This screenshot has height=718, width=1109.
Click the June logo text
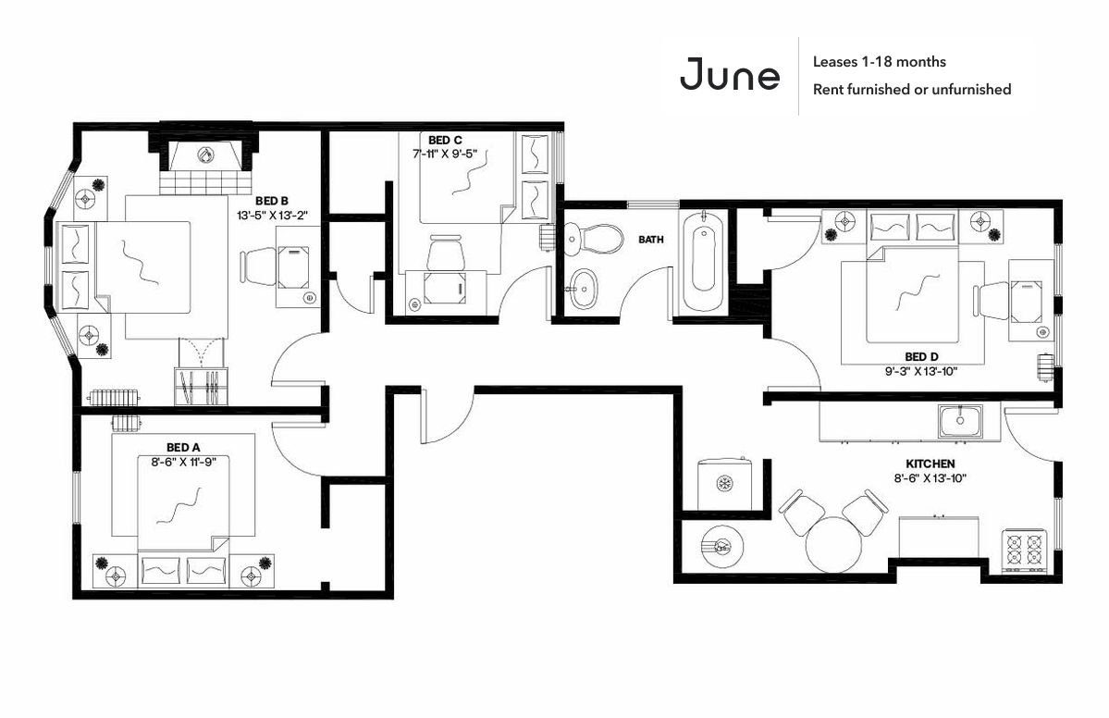730,76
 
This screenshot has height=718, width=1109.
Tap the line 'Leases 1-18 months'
879,62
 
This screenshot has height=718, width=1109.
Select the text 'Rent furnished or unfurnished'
911,90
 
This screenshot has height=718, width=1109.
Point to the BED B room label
272,200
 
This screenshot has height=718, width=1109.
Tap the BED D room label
921,356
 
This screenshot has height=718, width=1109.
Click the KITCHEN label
930,463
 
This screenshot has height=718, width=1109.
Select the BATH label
651,240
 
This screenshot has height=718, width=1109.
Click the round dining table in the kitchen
833,544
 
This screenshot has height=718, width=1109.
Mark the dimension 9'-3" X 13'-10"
921,371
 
